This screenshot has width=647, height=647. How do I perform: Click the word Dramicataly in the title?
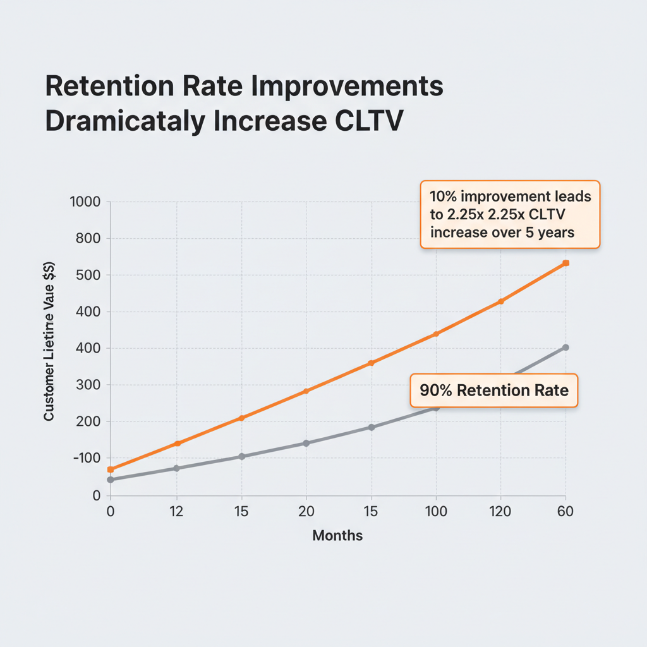[124, 121]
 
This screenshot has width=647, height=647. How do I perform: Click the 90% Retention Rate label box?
[493, 390]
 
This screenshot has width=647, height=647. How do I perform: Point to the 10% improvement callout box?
[509, 214]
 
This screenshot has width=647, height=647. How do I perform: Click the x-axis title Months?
[337, 536]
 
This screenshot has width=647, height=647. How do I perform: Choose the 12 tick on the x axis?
[176, 512]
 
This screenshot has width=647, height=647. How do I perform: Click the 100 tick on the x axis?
[435, 512]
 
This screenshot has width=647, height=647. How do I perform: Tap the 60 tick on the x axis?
[565, 512]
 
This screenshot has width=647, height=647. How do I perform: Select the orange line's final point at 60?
[566, 263]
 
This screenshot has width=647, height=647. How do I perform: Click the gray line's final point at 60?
[565, 348]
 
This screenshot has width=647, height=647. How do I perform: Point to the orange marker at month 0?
[111, 469]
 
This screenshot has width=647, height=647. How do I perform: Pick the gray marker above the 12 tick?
[176, 468]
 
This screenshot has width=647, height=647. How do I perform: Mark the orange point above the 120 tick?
[500, 301]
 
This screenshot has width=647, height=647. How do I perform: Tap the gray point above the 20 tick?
[306, 443]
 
